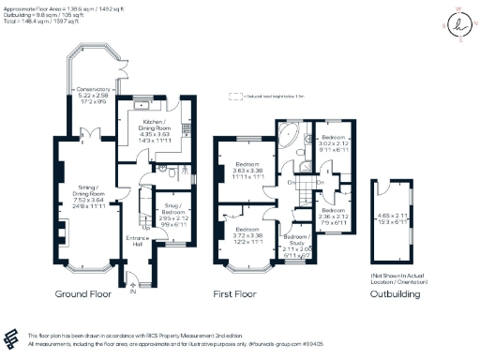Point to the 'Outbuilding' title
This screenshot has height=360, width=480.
[395, 294]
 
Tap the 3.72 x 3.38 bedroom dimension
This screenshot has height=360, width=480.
[247, 235]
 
